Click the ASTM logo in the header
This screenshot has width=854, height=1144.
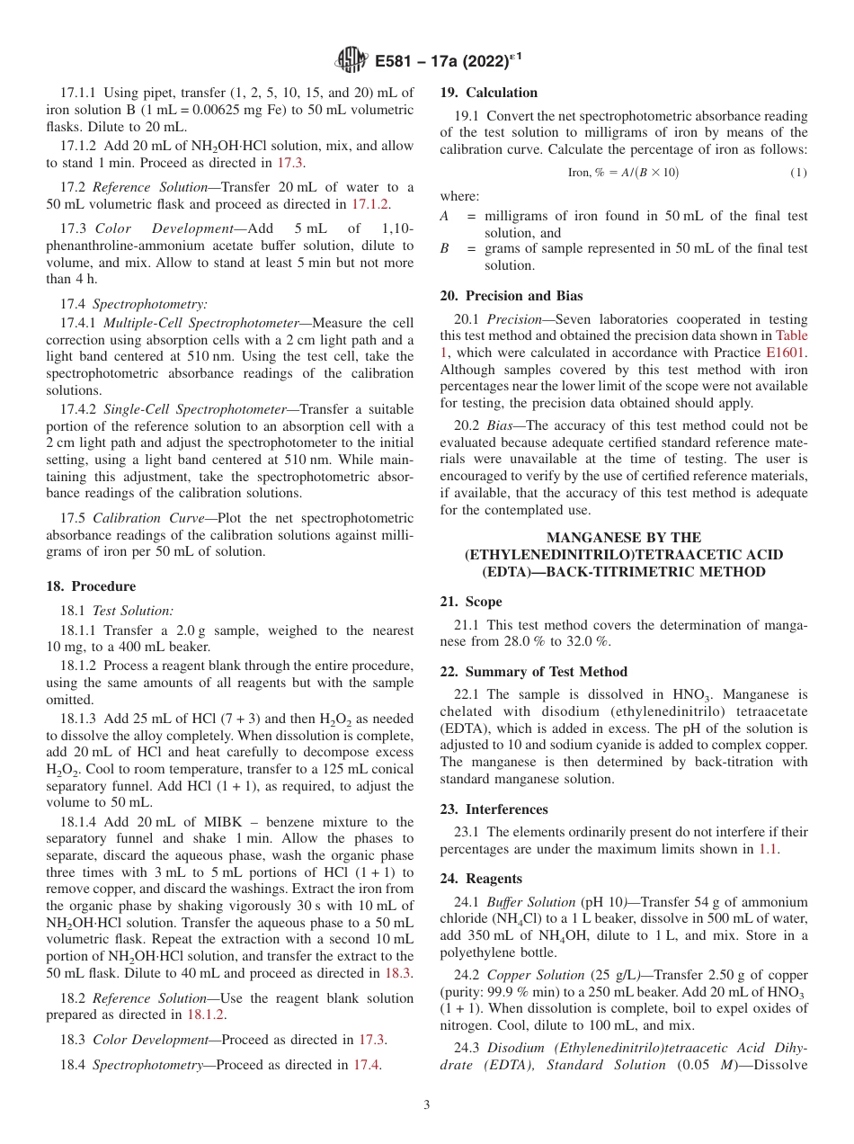(x=350, y=60)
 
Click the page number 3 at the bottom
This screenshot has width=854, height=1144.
(x=427, y=1104)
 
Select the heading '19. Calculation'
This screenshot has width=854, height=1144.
(x=488, y=93)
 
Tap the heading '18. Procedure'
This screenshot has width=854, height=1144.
(x=91, y=586)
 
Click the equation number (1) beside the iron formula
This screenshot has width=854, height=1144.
(x=797, y=172)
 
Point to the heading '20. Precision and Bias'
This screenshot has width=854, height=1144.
(x=511, y=295)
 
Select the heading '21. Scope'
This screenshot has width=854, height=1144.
(x=471, y=602)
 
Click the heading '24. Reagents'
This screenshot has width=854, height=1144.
(x=481, y=879)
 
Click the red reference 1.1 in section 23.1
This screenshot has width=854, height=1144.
(x=768, y=848)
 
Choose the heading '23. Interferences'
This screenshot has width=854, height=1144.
(x=494, y=809)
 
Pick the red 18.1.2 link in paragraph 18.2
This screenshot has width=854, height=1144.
(x=206, y=1015)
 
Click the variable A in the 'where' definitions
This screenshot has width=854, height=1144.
(x=444, y=217)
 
